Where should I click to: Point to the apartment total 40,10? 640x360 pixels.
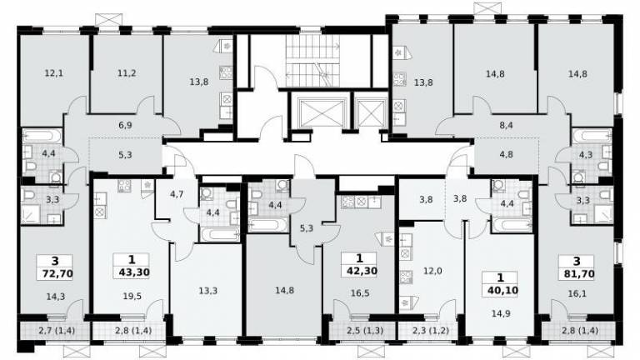point(502,290)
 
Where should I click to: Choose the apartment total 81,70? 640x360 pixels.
point(579,273)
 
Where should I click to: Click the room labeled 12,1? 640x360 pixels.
point(54,73)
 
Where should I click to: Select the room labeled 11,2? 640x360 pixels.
point(127,73)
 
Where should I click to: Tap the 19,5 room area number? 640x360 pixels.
point(132,297)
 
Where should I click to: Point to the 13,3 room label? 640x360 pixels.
point(208,291)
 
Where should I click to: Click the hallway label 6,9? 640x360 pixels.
point(125,125)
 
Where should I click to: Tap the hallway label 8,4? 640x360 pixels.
point(506,125)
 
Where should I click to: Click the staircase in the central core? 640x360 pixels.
point(312,61)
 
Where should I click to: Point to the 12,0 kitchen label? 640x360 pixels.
point(432,271)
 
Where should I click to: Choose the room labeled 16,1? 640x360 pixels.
point(577,293)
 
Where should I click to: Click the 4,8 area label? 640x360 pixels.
point(506,155)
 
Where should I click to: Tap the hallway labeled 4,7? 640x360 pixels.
point(177,194)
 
